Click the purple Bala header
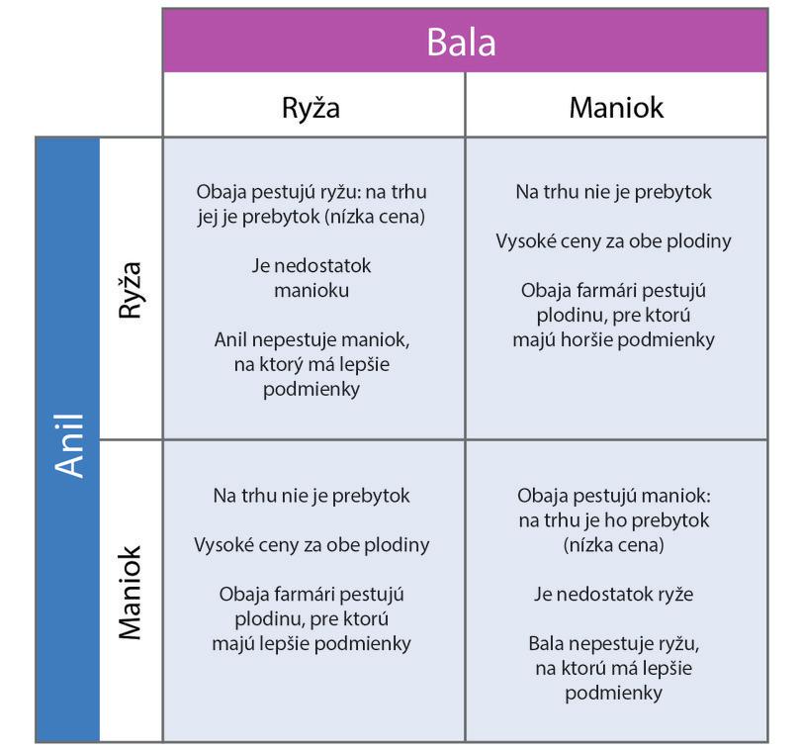click(x=461, y=42)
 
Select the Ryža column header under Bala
click(x=311, y=107)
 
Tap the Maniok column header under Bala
click(x=615, y=107)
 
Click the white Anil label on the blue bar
click(x=69, y=444)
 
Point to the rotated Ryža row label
click(x=131, y=290)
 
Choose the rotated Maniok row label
click(x=131, y=592)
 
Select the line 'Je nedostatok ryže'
click(x=614, y=594)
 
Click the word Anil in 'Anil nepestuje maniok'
click(x=234, y=339)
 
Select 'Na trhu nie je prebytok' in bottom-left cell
click(x=311, y=495)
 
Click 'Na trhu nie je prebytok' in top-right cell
click(x=613, y=191)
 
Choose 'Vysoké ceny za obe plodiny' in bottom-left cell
click(x=311, y=544)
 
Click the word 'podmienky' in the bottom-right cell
click(x=613, y=693)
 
